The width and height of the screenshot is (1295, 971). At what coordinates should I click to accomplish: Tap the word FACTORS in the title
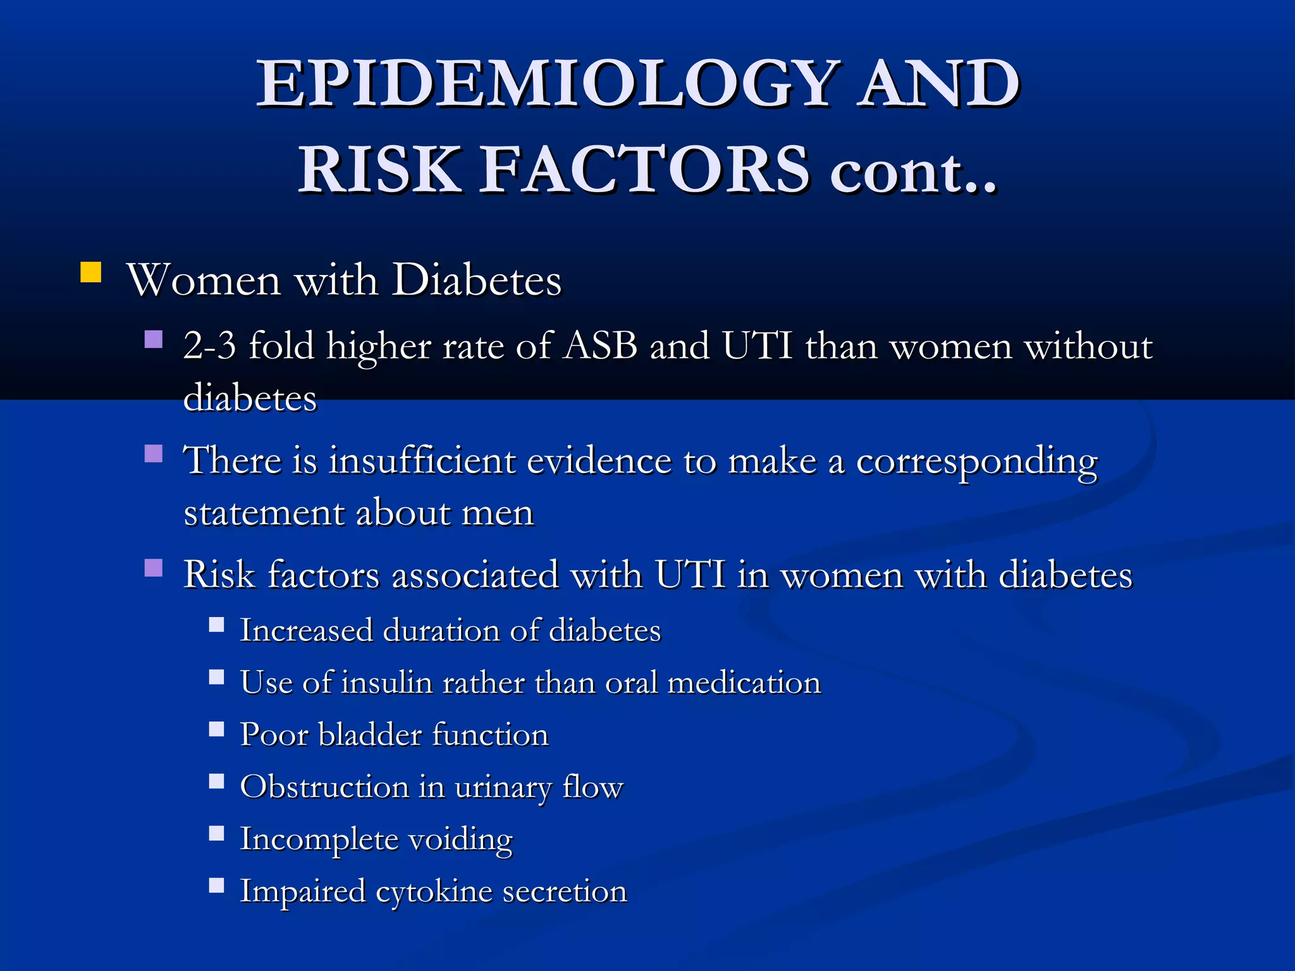point(645,169)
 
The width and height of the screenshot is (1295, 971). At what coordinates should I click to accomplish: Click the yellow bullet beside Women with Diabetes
point(91,272)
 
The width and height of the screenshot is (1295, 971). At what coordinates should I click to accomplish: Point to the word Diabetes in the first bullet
point(477,280)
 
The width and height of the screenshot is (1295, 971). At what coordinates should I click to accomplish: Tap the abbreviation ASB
point(600,346)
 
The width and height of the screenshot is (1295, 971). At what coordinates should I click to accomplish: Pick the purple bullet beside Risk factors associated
point(154,568)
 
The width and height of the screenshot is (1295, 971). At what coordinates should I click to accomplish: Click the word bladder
point(370,735)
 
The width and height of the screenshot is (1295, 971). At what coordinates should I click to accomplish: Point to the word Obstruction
point(325,787)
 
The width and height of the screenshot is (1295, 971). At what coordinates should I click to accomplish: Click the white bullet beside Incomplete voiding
point(217,833)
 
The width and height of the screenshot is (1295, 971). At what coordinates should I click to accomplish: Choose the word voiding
point(460,840)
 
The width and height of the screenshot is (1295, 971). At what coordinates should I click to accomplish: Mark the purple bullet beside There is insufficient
point(154,453)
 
